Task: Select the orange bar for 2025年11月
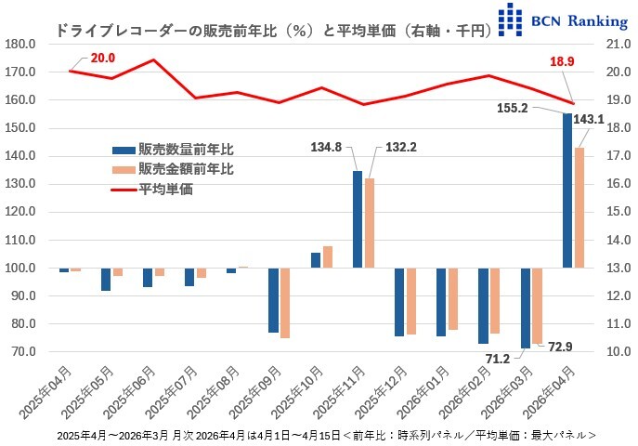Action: pos(369,223)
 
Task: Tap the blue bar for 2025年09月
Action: pos(274,300)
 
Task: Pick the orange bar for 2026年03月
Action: pos(537,306)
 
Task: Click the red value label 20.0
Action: pos(104,59)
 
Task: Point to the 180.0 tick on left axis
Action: pos(20,44)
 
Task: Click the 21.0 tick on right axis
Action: pos(617,44)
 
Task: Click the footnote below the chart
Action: pos(325,435)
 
